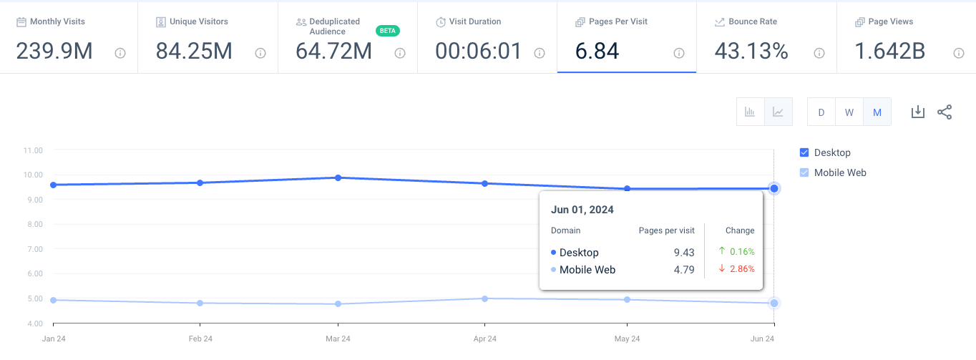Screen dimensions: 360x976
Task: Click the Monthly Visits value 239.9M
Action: (54, 52)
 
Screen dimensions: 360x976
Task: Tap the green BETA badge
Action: (387, 31)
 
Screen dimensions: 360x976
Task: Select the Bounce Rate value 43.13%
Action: (751, 52)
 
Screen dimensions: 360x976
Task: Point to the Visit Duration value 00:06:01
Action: (478, 52)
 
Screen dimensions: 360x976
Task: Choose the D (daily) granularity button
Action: (821, 112)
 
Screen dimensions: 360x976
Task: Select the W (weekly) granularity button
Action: (849, 112)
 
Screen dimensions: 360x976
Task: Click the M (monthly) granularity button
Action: (877, 112)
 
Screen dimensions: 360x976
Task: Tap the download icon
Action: (918, 112)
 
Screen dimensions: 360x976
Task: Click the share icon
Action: (945, 112)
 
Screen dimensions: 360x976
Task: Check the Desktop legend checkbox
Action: (804, 152)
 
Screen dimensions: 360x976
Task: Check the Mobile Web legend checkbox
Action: (804, 172)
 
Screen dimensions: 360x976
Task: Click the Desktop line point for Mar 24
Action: (338, 177)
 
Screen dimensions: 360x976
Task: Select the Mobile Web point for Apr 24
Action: (485, 298)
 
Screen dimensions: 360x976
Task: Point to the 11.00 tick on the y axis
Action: (33, 150)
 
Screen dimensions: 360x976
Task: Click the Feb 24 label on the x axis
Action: (200, 339)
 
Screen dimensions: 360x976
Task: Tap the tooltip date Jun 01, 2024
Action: (582, 210)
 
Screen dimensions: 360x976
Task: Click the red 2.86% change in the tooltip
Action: (742, 269)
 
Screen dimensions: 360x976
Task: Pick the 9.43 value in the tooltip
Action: (684, 252)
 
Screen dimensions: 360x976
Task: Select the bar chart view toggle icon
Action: (751, 112)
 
